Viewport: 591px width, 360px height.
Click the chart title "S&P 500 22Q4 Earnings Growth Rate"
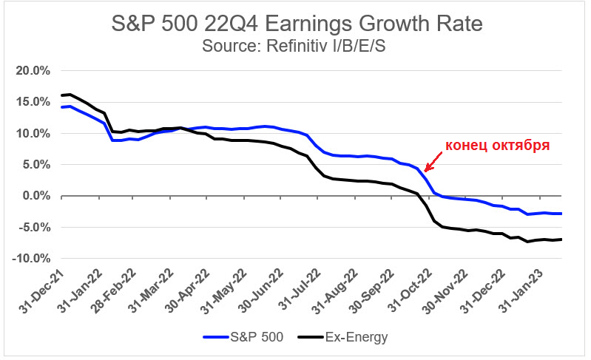296,24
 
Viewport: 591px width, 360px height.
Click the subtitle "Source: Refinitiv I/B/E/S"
295,46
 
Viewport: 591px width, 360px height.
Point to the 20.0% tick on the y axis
33,71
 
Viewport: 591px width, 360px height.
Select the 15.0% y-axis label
33,103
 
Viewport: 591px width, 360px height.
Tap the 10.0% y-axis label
33,134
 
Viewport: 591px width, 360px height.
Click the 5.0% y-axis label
36,165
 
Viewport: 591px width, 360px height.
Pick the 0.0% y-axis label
36,197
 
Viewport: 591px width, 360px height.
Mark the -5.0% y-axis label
34,228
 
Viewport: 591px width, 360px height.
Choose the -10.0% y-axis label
31,259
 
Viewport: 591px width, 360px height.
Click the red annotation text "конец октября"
496,145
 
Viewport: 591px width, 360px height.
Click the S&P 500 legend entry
244,338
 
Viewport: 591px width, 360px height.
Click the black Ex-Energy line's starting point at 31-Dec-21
62,95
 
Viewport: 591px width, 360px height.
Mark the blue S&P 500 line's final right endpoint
561,214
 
